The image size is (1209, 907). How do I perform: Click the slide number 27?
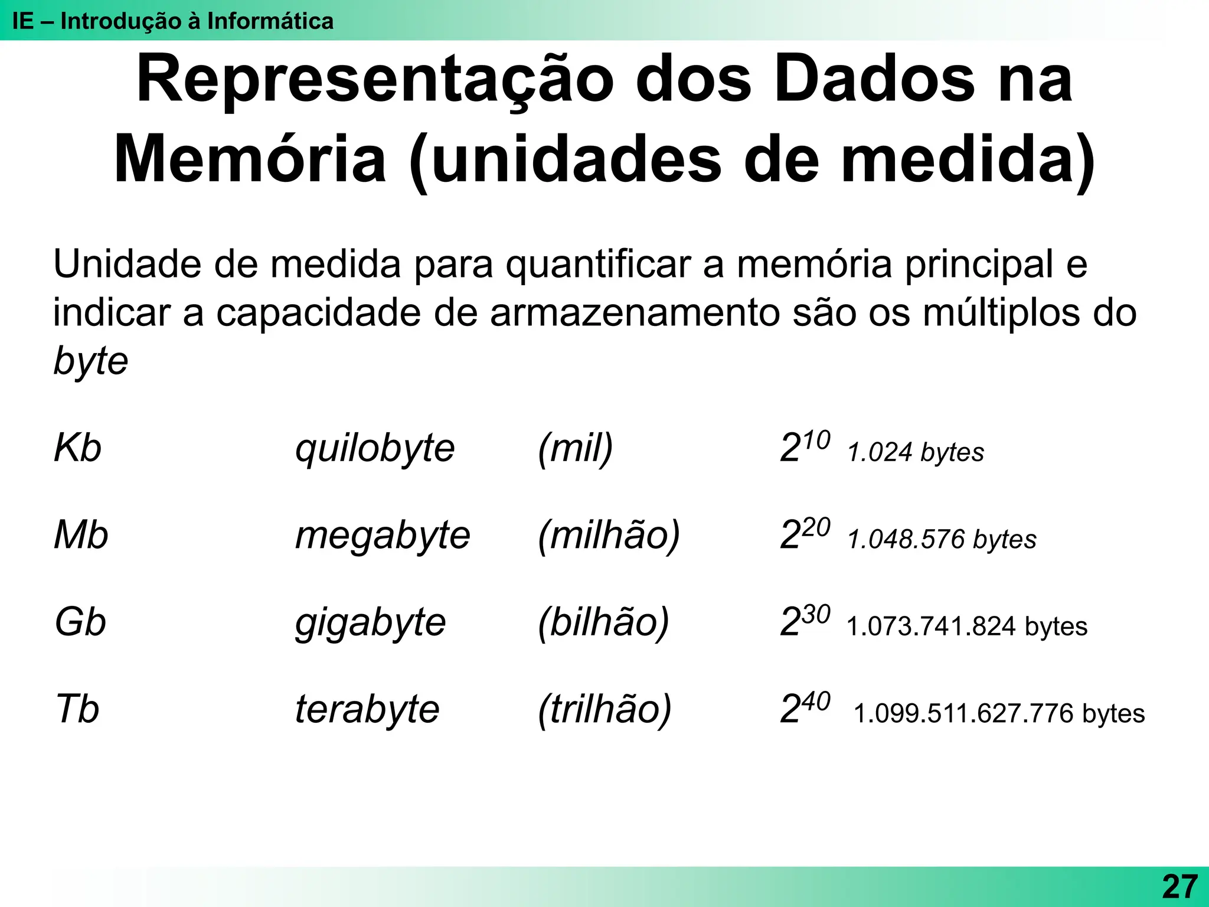(1179, 886)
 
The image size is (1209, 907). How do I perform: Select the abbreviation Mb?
(81, 535)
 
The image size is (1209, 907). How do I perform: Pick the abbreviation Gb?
(80, 622)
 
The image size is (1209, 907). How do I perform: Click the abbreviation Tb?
(77, 709)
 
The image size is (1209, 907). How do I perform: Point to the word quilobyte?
(375, 449)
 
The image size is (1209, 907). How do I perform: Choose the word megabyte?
(383, 536)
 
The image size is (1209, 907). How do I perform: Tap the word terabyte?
(367, 710)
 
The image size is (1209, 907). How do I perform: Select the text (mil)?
(576, 449)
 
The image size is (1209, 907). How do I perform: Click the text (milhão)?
(609, 536)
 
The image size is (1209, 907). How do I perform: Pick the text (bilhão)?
(603, 623)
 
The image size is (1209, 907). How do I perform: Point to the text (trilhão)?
(604, 710)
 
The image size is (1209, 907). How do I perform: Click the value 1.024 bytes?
(916, 452)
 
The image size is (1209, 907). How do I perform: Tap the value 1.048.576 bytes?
(942, 539)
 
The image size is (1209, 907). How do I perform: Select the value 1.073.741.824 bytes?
(966, 627)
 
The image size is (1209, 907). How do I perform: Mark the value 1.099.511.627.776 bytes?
(999, 713)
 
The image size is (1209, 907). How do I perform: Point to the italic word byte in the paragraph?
(90, 361)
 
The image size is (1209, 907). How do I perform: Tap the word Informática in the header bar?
(270, 21)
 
